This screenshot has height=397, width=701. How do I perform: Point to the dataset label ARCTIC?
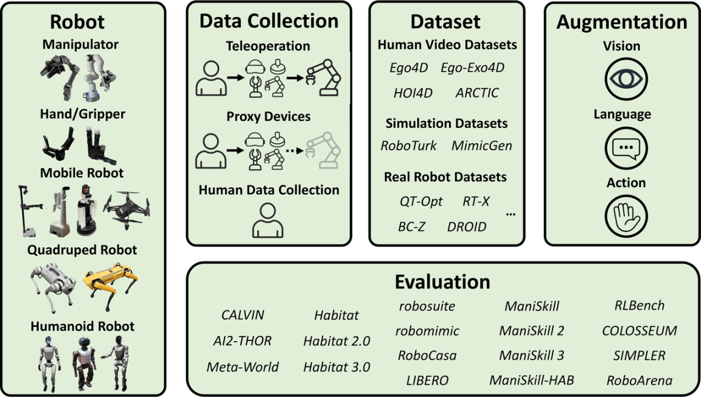pos(477,93)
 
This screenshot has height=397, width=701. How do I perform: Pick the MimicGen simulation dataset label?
pos(481,146)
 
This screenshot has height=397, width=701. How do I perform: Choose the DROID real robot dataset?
pos(467,227)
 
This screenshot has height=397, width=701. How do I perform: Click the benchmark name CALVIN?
pos(243,315)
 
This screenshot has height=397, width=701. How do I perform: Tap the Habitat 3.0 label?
pos(337,367)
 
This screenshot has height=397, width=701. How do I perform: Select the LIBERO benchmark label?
pos(427,381)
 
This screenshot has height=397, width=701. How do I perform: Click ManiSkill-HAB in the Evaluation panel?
pos(532,381)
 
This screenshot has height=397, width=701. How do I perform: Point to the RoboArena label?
pos(640,381)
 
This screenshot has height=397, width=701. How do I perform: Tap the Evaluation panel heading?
pos(442,283)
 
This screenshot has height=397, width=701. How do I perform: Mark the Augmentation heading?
pos(622,22)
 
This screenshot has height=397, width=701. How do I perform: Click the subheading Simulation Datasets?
pos(447,124)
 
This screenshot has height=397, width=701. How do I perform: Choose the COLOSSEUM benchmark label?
pos(640,331)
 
